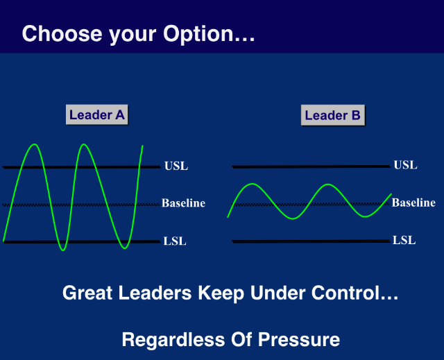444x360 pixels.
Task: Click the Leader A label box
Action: point(97,114)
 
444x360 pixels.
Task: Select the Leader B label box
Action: point(333,115)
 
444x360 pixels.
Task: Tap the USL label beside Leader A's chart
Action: point(176,166)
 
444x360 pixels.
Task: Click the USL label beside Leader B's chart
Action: point(405,165)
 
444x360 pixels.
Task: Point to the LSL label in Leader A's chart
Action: point(175,241)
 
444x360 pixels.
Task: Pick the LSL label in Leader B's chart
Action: point(404,240)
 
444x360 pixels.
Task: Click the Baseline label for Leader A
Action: point(183,203)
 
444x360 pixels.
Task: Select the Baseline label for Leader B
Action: point(413,203)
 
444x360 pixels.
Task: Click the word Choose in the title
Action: point(62,33)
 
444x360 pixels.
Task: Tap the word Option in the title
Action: point(198,34)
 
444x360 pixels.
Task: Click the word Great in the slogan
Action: point(87,293)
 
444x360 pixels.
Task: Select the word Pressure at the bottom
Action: point(299,339)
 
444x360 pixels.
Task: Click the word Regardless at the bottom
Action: point(173,339)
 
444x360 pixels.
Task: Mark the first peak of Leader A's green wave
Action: point(35,144)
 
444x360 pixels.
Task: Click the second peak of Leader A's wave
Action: point(84,144)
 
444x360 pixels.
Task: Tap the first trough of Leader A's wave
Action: point(63,250)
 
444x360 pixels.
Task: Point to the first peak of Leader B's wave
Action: point(253,185)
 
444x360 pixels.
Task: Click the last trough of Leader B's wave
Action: point(366,216)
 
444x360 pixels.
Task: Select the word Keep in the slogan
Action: point(221,293)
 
